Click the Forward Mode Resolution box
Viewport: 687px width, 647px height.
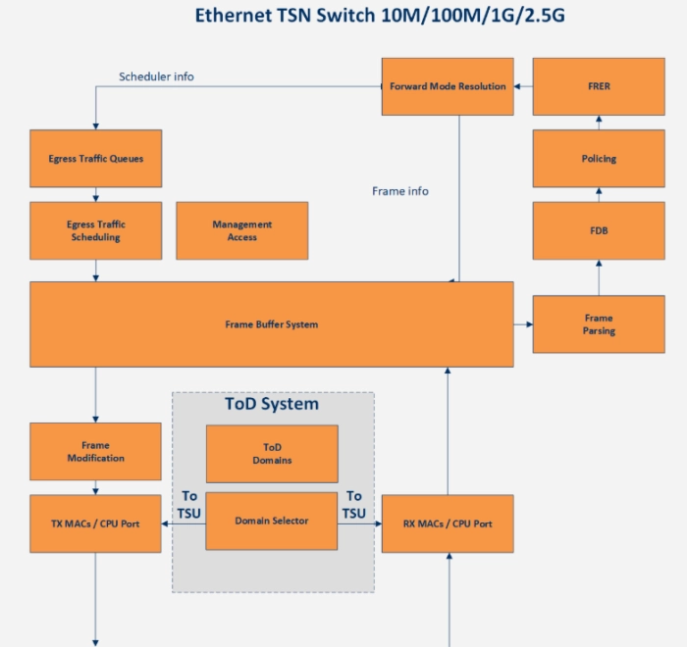click(x=448, y=86)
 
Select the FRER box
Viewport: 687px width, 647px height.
click(x=599, y=86)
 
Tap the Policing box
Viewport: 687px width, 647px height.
click(x=599, y=159)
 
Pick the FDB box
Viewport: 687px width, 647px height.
click(x=599, y=230)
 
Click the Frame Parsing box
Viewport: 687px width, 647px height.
click(x=599, y=324)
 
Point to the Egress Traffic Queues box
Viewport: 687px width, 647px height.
click(x=96, y=159)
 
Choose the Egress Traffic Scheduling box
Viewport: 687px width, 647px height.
click(x=96, y=230)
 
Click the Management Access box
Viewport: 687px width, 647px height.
click(x=241, y=230)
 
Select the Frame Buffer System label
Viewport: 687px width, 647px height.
click(x=271, y=324)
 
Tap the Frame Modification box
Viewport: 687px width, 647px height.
click(x=96, y=452)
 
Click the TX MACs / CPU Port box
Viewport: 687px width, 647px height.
click(x=96, y=523)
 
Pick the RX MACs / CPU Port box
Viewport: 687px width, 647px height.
click(x=448, y=523)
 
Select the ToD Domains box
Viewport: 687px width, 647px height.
click(x=272, y=453)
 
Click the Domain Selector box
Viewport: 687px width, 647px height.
click(x=272, y=521)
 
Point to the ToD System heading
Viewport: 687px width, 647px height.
click(x=272, y=404)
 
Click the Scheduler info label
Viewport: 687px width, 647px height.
click(x=156, y=76)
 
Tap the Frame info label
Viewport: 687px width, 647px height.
click(x=400, y=191)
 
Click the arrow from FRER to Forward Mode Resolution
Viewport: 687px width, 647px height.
click(x=523, y=86)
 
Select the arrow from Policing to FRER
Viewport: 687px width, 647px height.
click(x=599, y=123)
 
